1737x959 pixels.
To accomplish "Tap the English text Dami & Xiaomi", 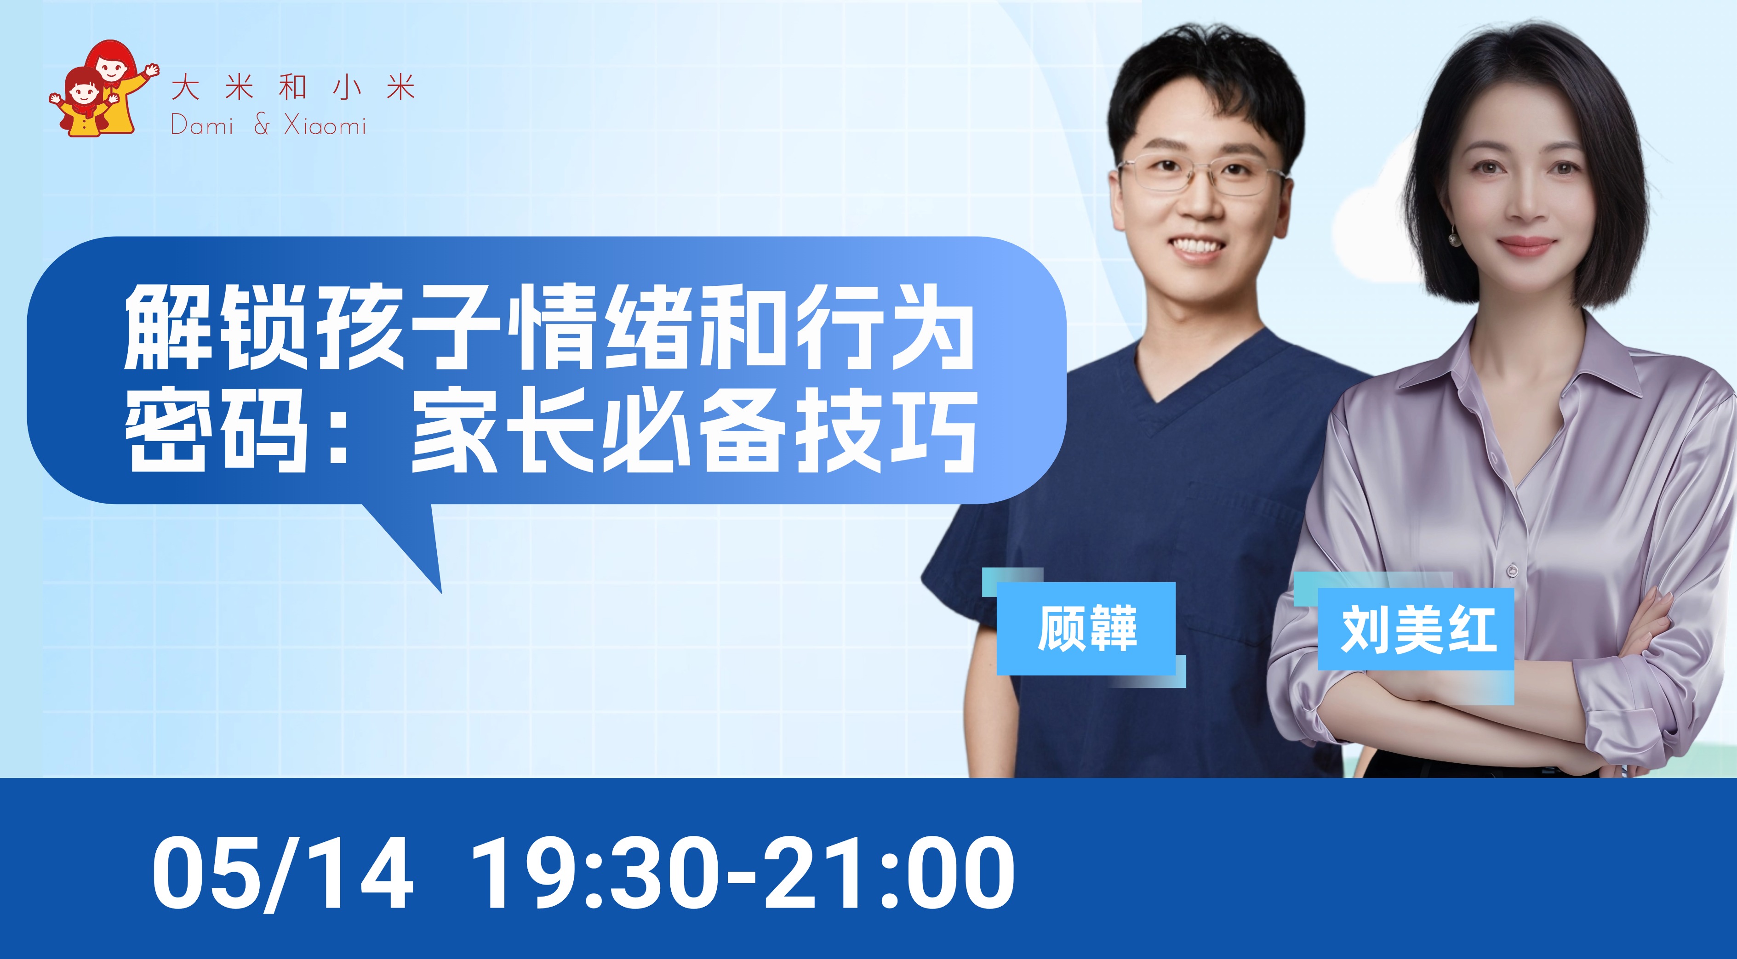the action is (269, 125).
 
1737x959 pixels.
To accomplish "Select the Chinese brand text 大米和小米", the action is (293, 88).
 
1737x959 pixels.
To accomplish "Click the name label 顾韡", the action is (1086, 628).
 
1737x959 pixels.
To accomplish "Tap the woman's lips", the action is (1526, 245).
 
